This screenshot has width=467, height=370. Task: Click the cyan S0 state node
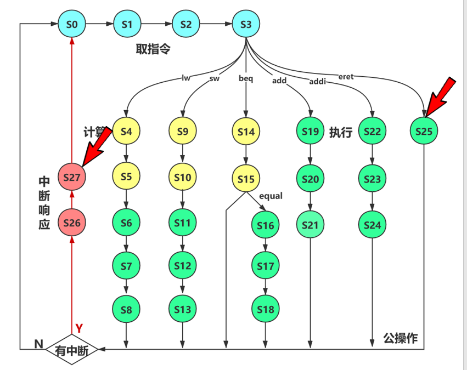coord(72,24)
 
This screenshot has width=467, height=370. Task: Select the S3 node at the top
coord(245,25)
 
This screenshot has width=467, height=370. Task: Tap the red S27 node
coord(72,177)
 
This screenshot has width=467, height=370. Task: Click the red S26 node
coord(72,223)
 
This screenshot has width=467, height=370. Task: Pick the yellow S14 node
coord(245,132)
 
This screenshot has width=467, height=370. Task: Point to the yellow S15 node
coord(245,179)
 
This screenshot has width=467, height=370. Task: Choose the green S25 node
coord(424,132)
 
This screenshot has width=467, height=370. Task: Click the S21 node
coord(310,225)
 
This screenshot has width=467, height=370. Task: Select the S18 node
coord(266,309)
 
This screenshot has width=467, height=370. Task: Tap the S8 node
coord(126,310)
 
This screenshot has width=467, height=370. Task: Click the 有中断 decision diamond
coord(71,349)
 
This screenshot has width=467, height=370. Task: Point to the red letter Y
coord(78,328)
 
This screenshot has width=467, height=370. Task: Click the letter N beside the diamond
coord(38,344)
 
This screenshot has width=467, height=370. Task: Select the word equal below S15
coord(271,196)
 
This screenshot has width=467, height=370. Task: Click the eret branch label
coord(346,77)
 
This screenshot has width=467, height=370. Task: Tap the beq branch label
coord(246,78)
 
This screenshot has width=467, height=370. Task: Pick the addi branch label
coord(318,82)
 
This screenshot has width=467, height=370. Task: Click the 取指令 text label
coord(153,49)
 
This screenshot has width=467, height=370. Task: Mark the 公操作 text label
coord(400,338)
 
